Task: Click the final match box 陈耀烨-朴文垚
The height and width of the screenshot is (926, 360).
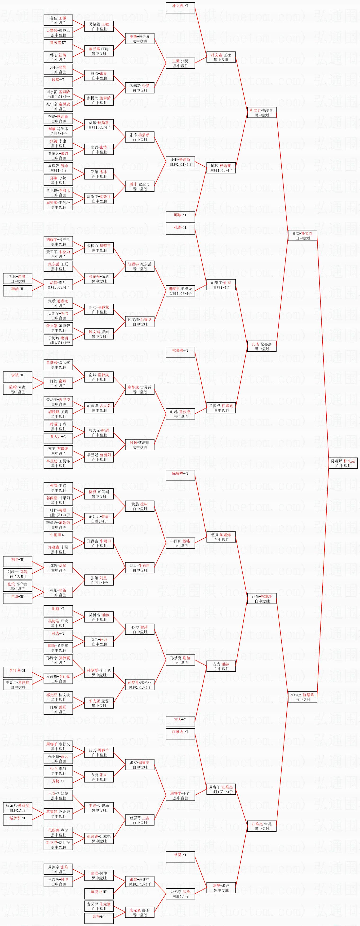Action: coord(343,463)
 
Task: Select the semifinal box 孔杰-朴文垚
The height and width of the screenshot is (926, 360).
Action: coord(302,235)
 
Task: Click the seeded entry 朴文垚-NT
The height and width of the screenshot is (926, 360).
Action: coord(180,8)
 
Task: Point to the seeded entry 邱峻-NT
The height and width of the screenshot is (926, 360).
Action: coord(180,217)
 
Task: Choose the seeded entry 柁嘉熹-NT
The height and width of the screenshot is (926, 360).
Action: coord(180,352)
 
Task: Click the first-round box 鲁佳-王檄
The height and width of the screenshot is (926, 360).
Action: coord(58,20)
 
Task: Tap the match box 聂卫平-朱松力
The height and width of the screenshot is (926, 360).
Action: coord(58,254)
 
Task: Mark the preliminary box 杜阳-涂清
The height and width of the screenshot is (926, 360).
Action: coord(18,279)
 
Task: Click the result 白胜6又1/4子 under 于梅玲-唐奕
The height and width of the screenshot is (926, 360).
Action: coord(58,343)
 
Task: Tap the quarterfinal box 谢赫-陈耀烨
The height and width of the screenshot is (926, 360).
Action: coord(262,598)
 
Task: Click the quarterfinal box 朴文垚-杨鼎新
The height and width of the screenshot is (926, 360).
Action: coord(262,112)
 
